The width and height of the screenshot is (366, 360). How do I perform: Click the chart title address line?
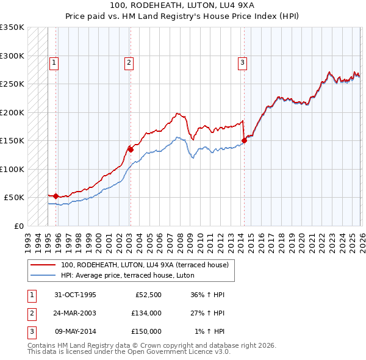click(182, 5)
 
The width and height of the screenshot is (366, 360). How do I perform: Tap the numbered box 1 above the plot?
click(54, 62)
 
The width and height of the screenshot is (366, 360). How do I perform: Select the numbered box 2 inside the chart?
click(129, 62)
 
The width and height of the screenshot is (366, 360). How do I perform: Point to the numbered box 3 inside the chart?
click(242, 62)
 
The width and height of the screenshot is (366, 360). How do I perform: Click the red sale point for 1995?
click(56, 196)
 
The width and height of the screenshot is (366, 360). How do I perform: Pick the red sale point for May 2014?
click(244, 140)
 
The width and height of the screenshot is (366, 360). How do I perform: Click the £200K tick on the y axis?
click(12, 112)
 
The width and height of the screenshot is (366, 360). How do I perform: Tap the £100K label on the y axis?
click(12, 169)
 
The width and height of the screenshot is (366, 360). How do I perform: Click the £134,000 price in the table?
click(146, 313)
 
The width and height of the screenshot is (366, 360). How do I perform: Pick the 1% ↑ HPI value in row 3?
click(209, 331)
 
